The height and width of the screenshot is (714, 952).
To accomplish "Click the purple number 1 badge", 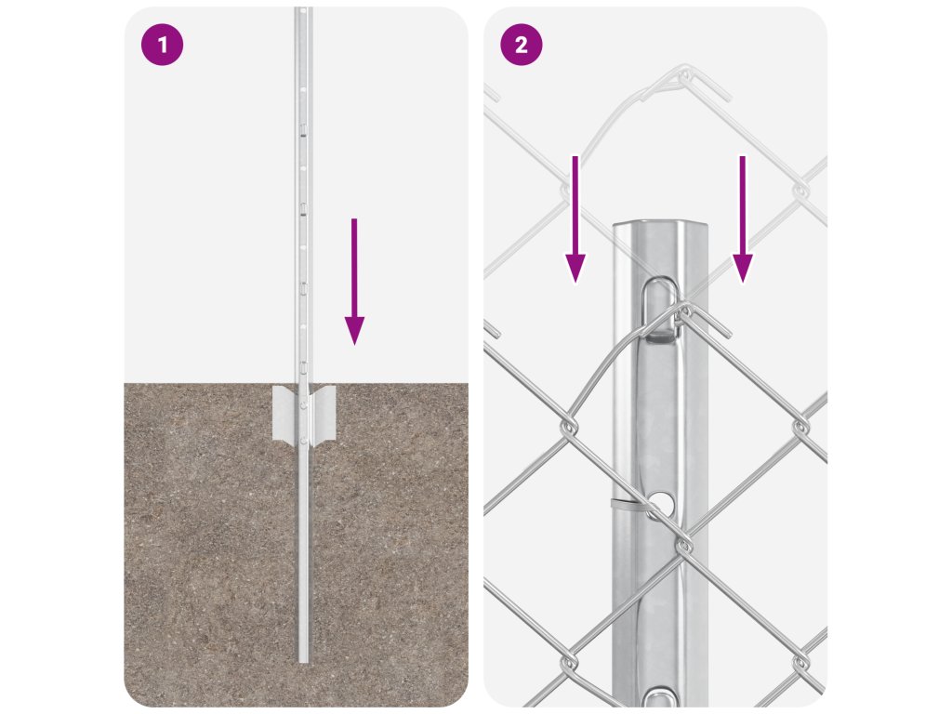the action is pyautogui.click(x=162, y=45).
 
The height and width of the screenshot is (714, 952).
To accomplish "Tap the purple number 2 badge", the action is pyautogui.click(x=521, y=45).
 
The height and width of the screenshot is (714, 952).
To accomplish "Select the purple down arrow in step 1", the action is pyautogui.click(x=354, y=282).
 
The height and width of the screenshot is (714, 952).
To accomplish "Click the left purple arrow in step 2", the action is pyautogui.click(x=575, y=219).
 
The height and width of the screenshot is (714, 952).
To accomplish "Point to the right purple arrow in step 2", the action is pyautogui.click(x=742, y=219).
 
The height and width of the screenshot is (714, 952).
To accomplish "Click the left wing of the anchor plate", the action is pyautogui.click(x=284, y=414).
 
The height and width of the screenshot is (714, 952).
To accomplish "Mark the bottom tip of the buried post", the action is pyautogui.click(x=304, y=662).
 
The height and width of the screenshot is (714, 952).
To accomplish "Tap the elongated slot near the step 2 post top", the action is pyautogui.click(x=659, y=308).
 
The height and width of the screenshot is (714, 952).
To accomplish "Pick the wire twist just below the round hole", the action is pyautogui.click(x=683, y=543).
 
